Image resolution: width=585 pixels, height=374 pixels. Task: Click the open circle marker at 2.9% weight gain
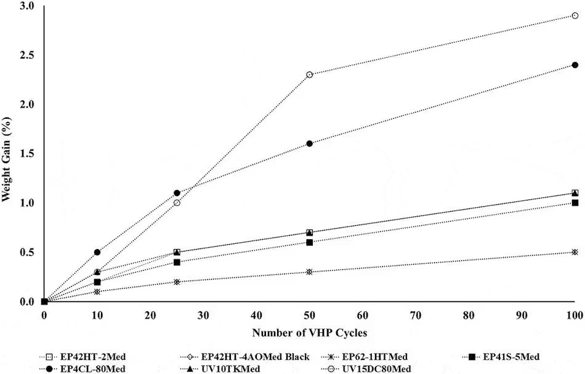(575, 15)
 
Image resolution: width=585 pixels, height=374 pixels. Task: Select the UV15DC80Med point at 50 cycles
(310, 74)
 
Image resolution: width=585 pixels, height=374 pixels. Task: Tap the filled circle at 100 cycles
(575, 65)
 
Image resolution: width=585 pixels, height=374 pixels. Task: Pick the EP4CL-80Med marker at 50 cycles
(310, 143)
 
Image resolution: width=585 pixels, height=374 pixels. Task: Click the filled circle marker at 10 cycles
(97, 252)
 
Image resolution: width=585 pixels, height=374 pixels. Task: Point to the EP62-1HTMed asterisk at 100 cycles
(575, 252)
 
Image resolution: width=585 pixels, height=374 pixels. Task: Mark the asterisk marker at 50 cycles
(310, 272)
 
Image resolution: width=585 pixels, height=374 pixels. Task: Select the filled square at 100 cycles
(575, 203)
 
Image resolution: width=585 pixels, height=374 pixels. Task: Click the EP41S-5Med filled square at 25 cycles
(177, 262)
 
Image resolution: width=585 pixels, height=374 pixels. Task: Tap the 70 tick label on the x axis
(416, 315)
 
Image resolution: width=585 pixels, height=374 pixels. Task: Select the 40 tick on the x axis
(256, 315)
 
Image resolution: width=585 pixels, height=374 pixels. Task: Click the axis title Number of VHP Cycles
(309, 333)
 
